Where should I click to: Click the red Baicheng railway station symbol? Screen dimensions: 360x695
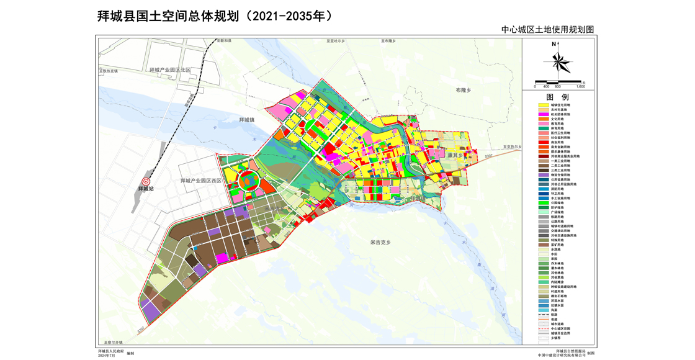pyautogui.click(x=146, y=181)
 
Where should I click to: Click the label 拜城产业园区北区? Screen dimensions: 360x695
pyautogui.click(x=170, y=71)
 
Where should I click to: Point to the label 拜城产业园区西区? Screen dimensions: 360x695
pyautogui.click(x=200, y=181)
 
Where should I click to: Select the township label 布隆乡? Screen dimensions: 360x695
pyautogui.click(x=463, y=91)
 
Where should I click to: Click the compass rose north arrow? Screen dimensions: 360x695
pyautogui.click(x=558, y=60)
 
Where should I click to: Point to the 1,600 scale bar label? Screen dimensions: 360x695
pyautogui.click(x=581, y=87)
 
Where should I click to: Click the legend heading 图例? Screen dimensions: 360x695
pyautogui.click(x=557, y=97)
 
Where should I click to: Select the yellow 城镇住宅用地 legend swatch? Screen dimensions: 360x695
pyautogui.click(x=543, y=106)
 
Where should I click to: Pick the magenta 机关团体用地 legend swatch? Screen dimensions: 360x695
pyautogui.click(x=543, y=115)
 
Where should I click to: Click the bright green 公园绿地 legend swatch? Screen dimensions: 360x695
pyautogui.click(x=543, y=203)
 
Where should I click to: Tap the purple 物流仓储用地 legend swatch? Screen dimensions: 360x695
pyautogui.click(x=543, y=175)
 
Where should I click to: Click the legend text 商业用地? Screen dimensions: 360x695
pyautogui.click(x=557, y=143)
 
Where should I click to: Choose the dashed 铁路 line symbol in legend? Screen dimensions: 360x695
pyautogui.click(x=543, y=315)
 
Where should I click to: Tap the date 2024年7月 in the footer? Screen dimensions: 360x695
pyautogui.click(x=106, y=356)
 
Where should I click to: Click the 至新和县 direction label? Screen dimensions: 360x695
pyautogui.click(x=223, y=40)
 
